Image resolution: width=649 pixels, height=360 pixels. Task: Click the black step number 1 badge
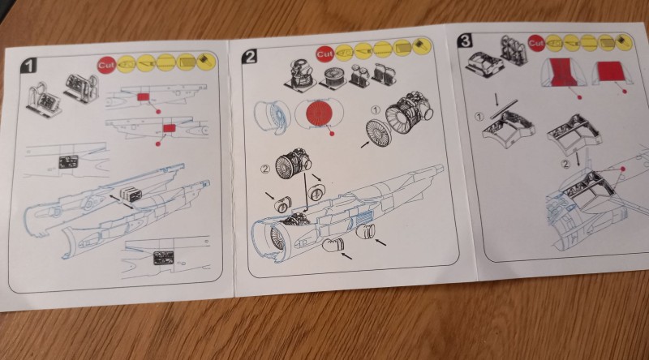[x=29, y=65]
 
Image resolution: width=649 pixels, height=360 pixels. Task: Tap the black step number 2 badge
[x=250, y=56]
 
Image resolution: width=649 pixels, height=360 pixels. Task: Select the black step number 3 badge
[x=465, y=41]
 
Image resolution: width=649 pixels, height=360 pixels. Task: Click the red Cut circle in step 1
[x=107, y=65]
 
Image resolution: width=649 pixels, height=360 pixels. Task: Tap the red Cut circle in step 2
[x=325, y=54]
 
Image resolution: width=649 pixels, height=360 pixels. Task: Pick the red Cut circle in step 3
[x=536, y=43]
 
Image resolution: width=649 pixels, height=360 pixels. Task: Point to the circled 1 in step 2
[x=375, y=110]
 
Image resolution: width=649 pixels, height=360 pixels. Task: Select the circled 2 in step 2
[x=265, y=169]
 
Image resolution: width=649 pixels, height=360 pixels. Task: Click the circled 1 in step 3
[x=479, y=117]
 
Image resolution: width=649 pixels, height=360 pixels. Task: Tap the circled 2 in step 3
[x=565, y=165]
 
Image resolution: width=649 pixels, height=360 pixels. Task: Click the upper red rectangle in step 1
[x=144, y=96]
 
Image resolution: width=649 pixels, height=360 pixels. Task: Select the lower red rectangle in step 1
[x=170, y=128]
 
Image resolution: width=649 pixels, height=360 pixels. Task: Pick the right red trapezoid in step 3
[x=609, y=73]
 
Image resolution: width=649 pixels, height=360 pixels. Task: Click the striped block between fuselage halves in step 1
[x=129, y=194]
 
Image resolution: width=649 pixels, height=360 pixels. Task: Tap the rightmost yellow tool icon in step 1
[x=207, y=62]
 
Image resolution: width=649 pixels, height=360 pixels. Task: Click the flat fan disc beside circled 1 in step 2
[x=378, y=133]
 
